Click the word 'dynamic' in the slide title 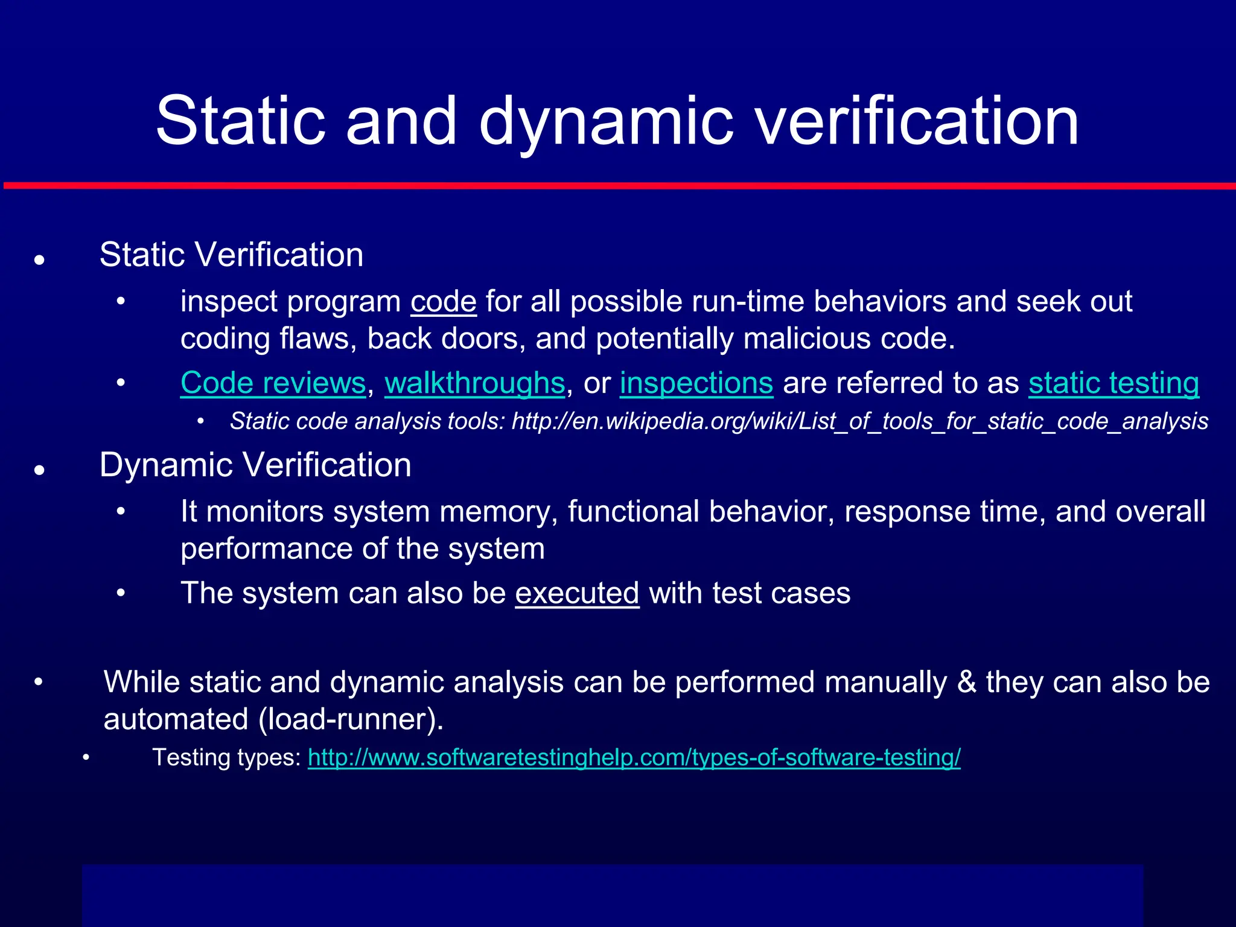[606, 124]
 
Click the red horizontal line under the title [618, 186]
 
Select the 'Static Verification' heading [231, 255]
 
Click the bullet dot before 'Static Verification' [40, 261]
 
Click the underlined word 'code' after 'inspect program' [444, 302]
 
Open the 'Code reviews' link [273, 383]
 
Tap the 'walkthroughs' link [474, 383]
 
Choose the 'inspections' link [696, 383]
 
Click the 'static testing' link [1113, 383]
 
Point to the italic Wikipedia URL [859, 421]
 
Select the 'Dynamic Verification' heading [255, 465]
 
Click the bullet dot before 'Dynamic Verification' [40, 471]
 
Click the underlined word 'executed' [577, 593]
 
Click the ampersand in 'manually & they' [966, 683]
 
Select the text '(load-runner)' [351, 719]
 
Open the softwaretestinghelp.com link [634, 757]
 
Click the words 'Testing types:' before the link [226, 757]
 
